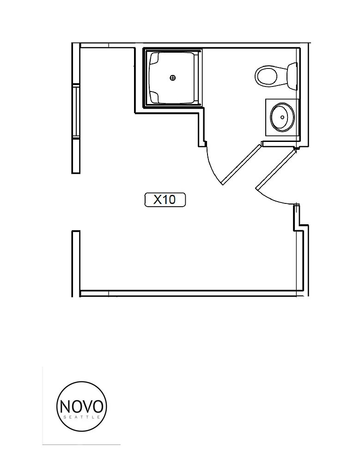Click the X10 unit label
click(165, 200)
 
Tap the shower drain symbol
click(172, 78)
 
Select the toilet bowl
click(267, 76)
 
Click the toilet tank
click(292, 76)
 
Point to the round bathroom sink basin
click(282, 117)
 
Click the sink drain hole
click(282, 117)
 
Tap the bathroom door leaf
click(242, 164)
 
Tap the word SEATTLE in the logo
click(82, 417)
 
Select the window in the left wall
click(76, 111)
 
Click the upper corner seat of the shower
click(154, 59)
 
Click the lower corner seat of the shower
click(154, 96)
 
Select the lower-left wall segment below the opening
click(76, 264)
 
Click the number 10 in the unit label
click(169, 200)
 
